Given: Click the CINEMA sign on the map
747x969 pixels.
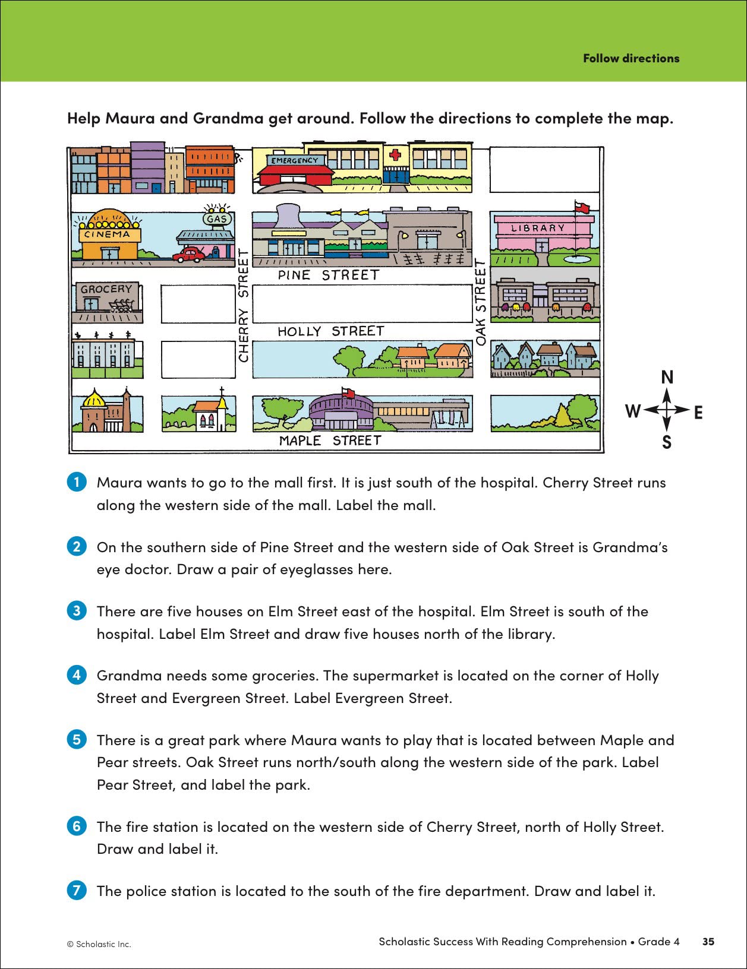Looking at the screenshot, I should click(107, 234).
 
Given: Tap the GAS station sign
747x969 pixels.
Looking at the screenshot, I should click(217, 218).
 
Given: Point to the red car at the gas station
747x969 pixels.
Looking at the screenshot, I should click(188, 255).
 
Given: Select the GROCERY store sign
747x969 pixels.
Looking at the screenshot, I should click(106, 289).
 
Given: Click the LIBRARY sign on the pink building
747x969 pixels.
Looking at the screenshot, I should click(538, 228).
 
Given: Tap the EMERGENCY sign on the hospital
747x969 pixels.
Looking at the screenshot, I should click(295, 160).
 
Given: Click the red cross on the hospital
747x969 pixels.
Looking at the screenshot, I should click(395, 156).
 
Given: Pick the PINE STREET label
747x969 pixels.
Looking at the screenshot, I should click(328, 275).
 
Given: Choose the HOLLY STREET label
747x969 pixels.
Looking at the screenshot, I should click(331, 331).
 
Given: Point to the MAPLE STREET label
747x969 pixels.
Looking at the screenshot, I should click(330, 441).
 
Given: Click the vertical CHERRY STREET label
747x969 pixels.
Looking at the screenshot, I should click(243, 305).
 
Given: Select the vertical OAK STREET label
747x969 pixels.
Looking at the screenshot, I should click(481, 302).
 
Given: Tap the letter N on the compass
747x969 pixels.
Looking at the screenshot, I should click(667, 377).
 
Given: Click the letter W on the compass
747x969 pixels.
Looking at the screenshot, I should click(632, 410).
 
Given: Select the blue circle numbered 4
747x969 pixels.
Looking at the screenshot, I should click(77, 675).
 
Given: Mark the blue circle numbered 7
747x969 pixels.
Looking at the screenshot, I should click(77, 891).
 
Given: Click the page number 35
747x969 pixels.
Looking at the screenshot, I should click(708, 942).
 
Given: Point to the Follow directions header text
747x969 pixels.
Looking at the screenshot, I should click(631, 58).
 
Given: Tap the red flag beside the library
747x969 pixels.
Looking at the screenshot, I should click(582, 207).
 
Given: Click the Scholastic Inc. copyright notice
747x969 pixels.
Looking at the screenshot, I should click(99, 944).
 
